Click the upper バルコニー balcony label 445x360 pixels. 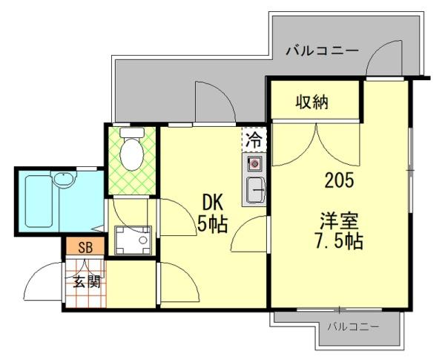(x=322, y=52)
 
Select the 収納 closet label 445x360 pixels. (x=314, y=102)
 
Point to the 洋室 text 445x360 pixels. (x=340, y=220)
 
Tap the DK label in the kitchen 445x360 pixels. (x=213, y=201)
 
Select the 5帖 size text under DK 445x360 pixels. (x=213, y=222)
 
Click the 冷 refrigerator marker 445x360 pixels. (x=254, y=139)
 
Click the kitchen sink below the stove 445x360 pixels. (x=255, y=190)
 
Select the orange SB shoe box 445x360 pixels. (x=85, y=248)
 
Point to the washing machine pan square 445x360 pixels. (x=133, y=239)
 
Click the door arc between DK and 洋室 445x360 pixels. (x=248, y=236)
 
